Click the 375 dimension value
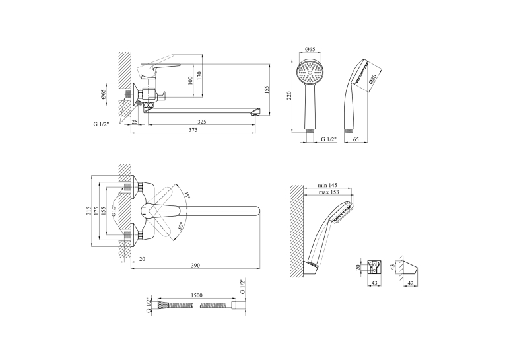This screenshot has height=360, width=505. coord(193,130)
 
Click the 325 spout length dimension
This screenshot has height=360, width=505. coord(201,122)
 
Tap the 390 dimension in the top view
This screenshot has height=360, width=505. coord(195,266)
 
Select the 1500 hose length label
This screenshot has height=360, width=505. coord(197,295)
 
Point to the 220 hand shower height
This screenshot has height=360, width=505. coord(289,95)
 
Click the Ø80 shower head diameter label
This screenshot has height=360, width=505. coord(373,79)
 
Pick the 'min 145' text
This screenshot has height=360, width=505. coord(327,185)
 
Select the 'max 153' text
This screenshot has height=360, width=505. coord(329,192)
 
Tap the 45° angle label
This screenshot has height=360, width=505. coord(187,195)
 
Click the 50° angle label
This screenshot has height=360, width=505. coord(180,225)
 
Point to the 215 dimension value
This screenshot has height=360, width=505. coord(88,211)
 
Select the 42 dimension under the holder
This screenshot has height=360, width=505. coord(411,283)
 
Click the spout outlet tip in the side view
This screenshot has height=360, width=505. coord(256,112)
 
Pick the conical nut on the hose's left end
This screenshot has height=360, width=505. coord(162,305)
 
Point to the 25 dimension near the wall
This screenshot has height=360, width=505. coord(135,122)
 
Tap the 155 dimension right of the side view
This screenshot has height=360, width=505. coord(266,89)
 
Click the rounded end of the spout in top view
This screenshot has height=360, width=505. coord(256,211)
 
